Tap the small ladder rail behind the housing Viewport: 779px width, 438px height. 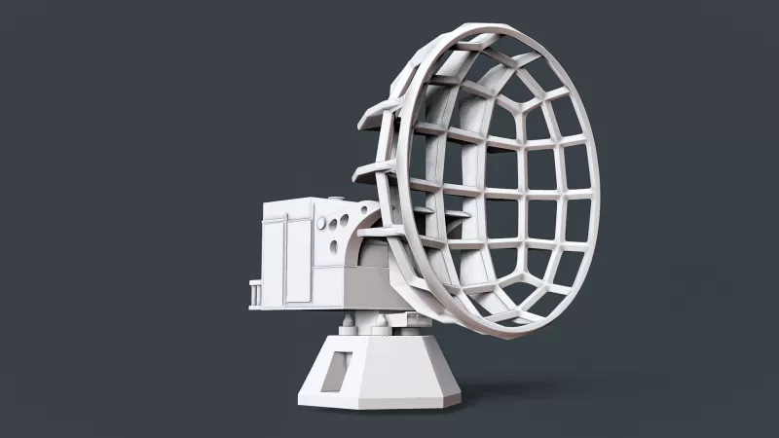point(255,293)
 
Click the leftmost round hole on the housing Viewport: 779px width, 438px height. point(323,222)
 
